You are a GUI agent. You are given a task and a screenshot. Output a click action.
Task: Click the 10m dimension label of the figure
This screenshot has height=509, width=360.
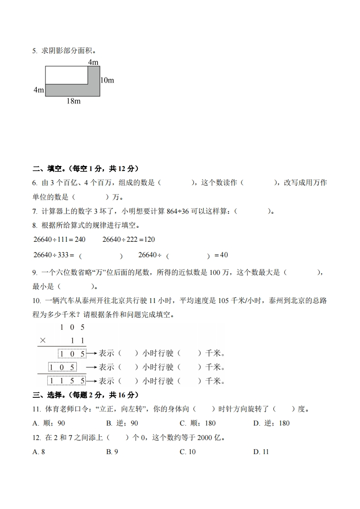click(107, 80)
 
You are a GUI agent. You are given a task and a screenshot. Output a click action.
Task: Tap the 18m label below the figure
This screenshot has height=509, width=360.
click(73, 101)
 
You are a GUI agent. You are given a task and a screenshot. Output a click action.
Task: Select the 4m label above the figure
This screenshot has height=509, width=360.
click(93, 62)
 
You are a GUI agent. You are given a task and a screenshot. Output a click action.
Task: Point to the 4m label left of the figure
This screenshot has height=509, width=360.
click(39, 90)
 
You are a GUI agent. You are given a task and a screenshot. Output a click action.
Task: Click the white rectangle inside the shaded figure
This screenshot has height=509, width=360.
click(66, 75)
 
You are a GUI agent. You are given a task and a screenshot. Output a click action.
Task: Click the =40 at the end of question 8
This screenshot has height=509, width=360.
click(221, 255)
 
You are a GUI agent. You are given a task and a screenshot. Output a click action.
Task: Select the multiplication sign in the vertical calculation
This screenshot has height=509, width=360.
click(43, 340)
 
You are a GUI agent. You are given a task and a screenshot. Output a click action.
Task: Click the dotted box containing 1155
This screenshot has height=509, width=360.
click(67, 381)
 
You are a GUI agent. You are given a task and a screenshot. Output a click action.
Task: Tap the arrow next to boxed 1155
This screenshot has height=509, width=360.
click(92, 381)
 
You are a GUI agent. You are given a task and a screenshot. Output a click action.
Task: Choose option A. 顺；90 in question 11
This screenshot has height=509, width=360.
click(49, 423)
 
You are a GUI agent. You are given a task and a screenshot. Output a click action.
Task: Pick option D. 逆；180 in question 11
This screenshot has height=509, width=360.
click(271, 423)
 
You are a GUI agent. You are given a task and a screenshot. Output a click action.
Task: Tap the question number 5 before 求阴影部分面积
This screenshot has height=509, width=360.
click(35, 51)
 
